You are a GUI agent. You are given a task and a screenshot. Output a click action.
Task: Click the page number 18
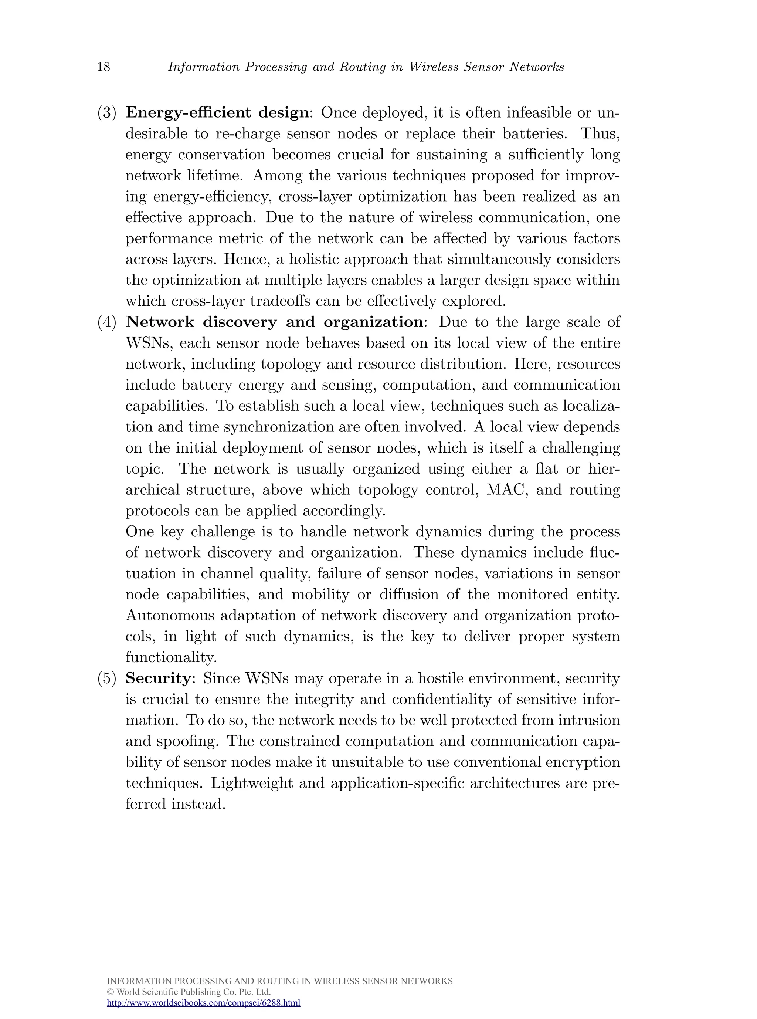[x=103, y=67]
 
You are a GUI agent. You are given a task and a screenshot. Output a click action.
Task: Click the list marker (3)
[x=107, y=113]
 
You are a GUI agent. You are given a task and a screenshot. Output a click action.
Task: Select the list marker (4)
[x=107, y=322]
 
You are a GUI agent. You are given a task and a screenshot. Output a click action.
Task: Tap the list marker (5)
[x=107, y=678]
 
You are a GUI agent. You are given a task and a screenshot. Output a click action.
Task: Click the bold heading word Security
[x=158, y=678]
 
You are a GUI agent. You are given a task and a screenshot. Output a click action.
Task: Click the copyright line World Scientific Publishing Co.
[x=189, y=992]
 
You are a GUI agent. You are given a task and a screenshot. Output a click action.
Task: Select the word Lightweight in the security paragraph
[x=252, y=783]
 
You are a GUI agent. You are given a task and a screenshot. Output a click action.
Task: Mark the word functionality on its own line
[x=171, y=657]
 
